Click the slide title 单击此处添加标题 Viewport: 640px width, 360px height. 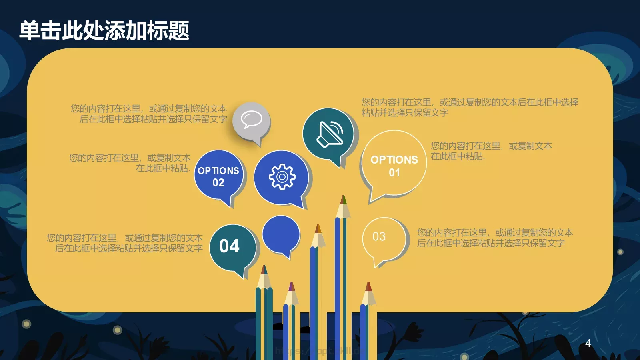point(104,30)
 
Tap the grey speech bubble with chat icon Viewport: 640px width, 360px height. point(251,120)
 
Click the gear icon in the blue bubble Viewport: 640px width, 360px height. point(282,176)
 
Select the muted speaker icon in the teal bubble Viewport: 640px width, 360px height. point(329,133)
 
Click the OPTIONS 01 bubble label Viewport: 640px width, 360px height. point(394,166)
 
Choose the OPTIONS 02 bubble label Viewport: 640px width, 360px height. point(218,176)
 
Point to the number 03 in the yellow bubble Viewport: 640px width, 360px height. point(379,236)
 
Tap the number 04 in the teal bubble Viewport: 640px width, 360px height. point(229,246)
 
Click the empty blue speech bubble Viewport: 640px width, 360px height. point(281,235)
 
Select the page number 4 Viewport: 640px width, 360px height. point(588,343)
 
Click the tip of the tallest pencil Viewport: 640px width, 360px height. point(343,199)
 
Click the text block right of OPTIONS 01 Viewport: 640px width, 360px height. point(491,151)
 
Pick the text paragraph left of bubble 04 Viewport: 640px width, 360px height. point(125,243)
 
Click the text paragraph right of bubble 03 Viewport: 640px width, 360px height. point(495,238)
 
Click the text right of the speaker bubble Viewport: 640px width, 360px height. point(470,107)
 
